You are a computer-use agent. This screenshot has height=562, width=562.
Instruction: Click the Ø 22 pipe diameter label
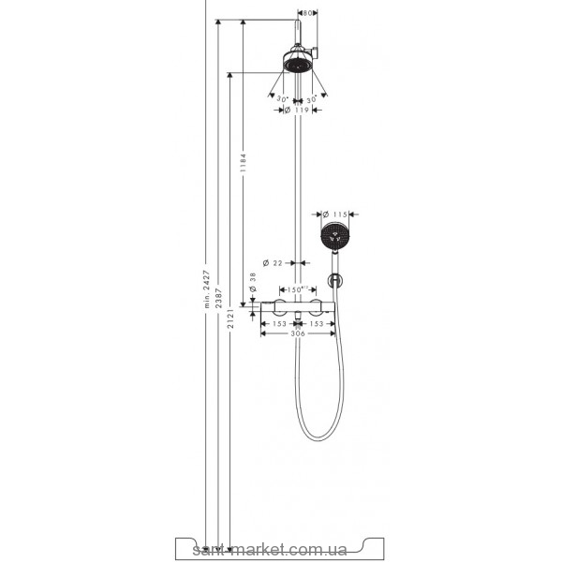coord(274,262)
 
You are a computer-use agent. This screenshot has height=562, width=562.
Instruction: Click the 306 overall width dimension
coord(298,334)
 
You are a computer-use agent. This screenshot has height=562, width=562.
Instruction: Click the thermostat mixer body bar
coord(298,307)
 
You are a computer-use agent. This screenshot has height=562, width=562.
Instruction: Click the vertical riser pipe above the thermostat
coord(299,187)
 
